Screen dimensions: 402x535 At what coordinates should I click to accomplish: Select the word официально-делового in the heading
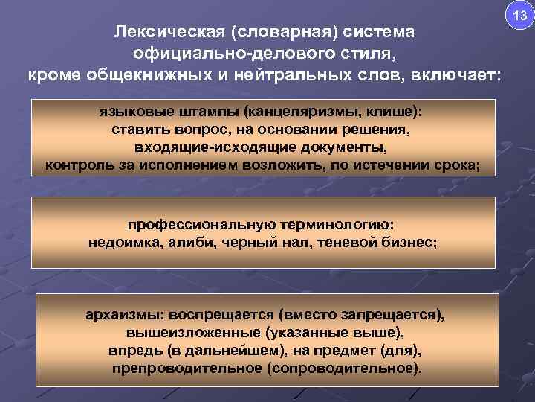(x=213, y=54)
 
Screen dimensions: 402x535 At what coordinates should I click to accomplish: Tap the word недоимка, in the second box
(x=122, y=242)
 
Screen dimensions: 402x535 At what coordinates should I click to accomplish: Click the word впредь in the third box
(x=129, y=350)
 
